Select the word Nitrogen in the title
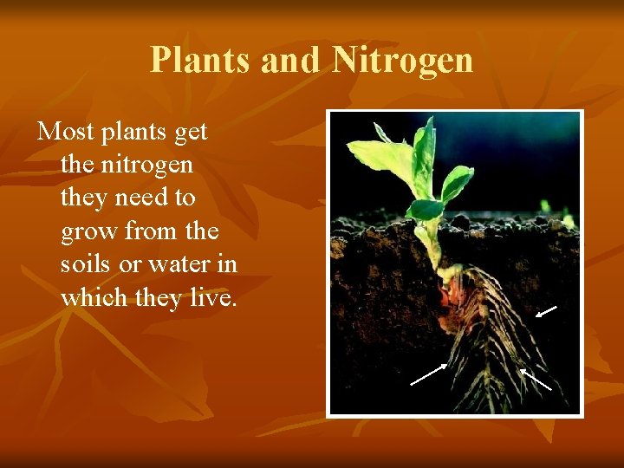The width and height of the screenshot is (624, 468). click(403, 60)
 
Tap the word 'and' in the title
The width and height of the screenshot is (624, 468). click(293, 60)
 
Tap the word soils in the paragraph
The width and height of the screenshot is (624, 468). click(88, 264)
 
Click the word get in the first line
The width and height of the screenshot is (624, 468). click(190, 133)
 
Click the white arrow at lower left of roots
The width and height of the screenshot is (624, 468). click(428, 374)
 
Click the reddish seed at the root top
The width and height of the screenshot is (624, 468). click(443, 296)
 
